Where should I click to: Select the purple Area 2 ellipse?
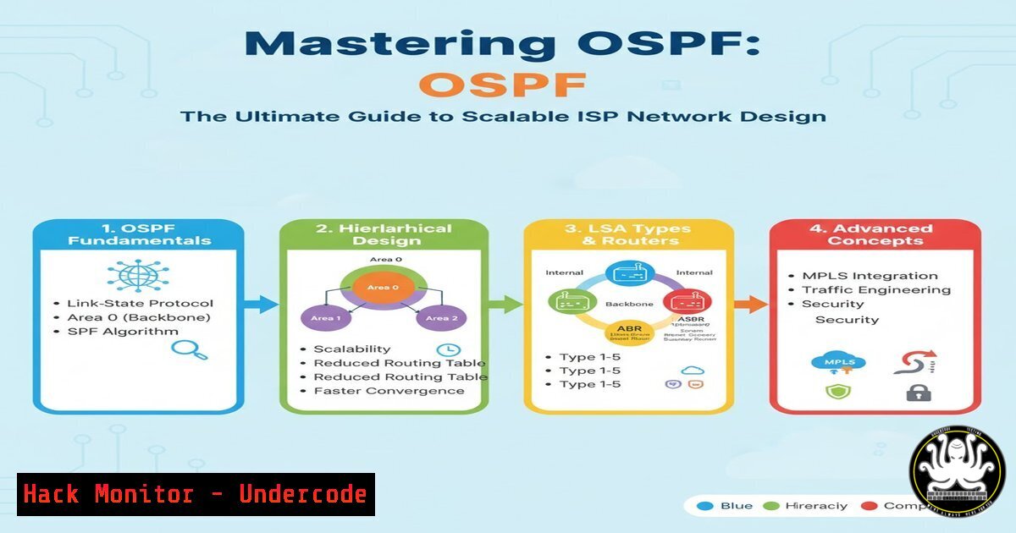point(436,317)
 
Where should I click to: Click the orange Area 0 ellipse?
point(378,288)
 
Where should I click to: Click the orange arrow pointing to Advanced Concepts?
point(749,304)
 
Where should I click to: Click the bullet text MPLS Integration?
point(870,276)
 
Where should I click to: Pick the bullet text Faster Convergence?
point(389,391)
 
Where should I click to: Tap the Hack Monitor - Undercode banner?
point(196,494)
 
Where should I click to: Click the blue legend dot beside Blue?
point(701,506)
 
